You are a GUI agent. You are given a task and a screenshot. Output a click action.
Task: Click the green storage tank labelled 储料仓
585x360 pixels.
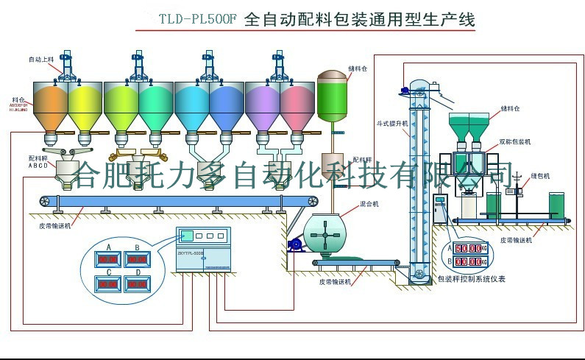pos(336,96)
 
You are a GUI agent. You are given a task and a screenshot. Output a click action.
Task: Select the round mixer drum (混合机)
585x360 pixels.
pos(324,235)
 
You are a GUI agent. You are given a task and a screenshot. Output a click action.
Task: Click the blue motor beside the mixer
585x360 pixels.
pos(294,244)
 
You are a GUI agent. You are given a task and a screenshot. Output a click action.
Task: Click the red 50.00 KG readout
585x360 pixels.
pos(468,249)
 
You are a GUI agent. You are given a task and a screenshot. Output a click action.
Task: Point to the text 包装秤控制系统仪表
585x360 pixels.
pos(471,279)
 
